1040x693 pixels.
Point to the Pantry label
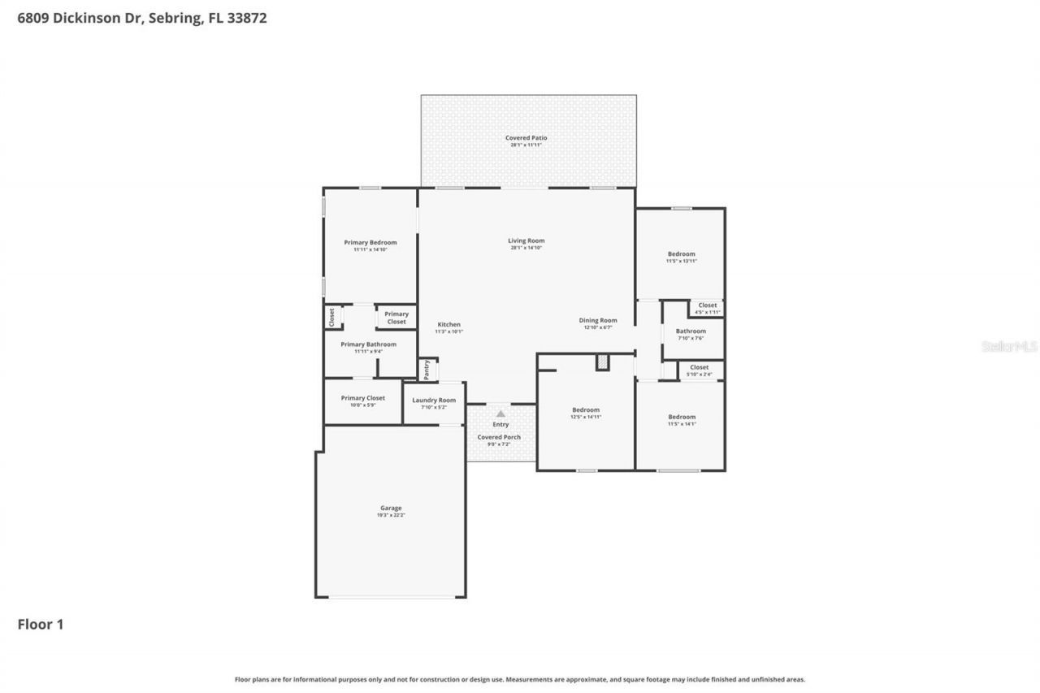point(427,370)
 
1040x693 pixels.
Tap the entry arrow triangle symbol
point(500,414)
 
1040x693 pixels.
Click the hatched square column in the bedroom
point(602,362)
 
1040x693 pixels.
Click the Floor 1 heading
point(41,624)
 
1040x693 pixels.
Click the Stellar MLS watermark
point(1009,346)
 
